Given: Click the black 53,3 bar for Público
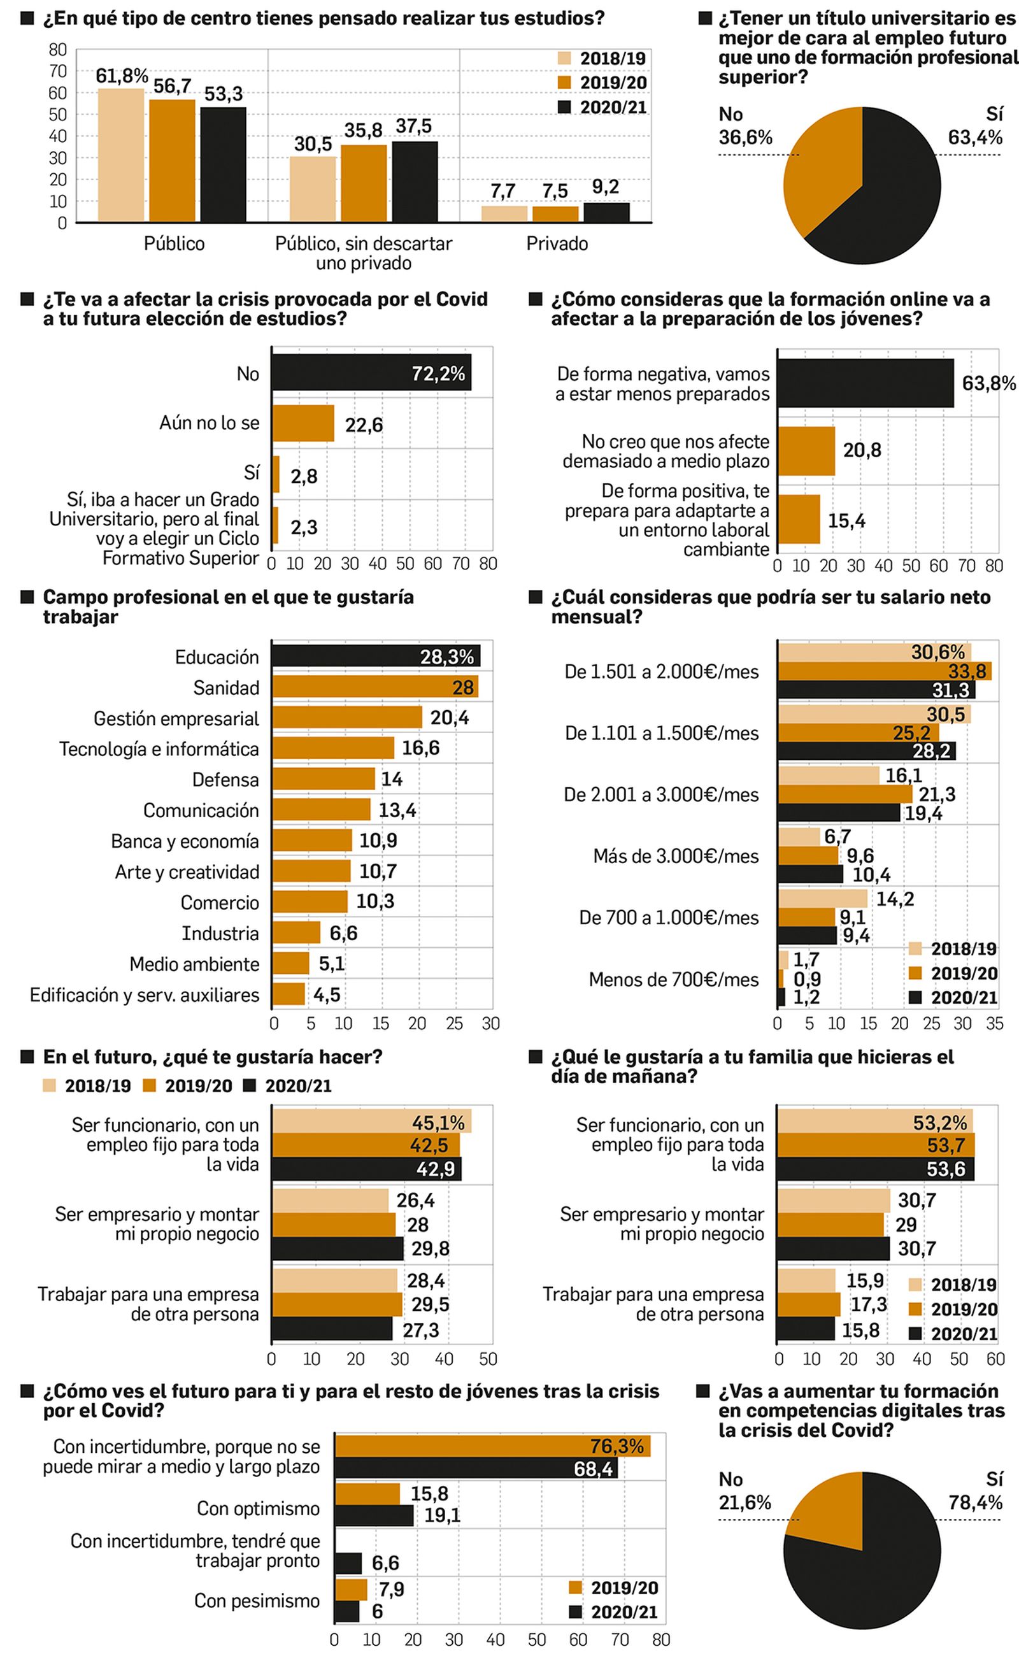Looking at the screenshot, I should tap(223, 164).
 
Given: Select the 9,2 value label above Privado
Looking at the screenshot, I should tap(605, 187).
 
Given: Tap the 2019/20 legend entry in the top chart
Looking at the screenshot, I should tap(602, 83).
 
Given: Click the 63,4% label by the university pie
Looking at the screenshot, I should tap(974, 138).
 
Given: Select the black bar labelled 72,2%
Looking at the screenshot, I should tap(371, 373).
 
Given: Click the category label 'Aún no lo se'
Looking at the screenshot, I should tap(209, 424).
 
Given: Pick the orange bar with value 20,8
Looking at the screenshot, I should tap(806, 451).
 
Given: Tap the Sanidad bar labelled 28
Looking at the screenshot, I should tap(374, 687).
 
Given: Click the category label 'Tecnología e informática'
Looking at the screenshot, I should tap(159, 749).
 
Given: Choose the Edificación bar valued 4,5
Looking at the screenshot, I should tap(289, 994).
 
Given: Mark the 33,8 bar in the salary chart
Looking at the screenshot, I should tap(883, 671).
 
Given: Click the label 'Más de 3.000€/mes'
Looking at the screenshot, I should tap(675, 856).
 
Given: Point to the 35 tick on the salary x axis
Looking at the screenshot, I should tap(994, 1023).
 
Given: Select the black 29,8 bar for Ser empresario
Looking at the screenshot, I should tap(338, 1248).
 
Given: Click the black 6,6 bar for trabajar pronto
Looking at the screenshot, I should tap(348, 1563).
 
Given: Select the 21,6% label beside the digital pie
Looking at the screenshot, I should tap(744, 1503).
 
